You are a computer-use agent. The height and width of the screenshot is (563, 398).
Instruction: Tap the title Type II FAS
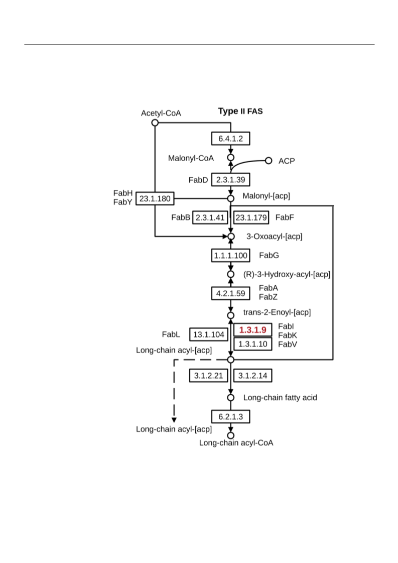240,111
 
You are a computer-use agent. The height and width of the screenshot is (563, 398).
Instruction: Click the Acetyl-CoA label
161,113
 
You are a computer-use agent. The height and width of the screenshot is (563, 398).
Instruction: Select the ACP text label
287,161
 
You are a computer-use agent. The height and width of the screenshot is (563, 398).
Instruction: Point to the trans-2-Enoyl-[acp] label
277,312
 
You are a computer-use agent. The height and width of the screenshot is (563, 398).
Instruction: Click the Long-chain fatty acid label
280,397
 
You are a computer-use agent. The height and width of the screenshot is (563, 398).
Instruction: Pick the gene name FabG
269,255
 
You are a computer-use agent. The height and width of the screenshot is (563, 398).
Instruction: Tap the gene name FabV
288,345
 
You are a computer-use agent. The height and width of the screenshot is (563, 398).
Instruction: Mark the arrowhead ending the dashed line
174,420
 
